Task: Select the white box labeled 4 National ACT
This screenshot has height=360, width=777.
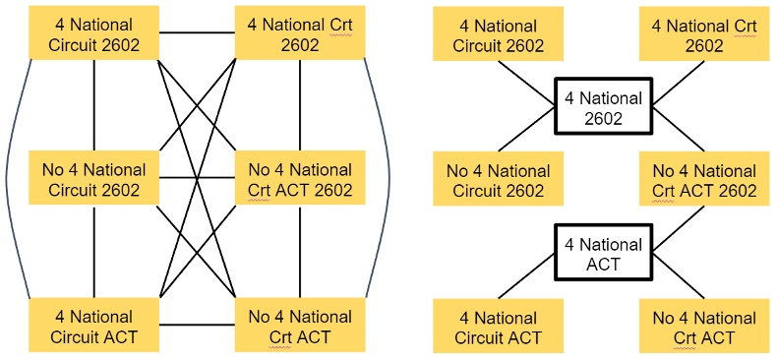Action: [603, 254]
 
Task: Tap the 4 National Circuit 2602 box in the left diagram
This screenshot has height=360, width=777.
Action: [95, 33]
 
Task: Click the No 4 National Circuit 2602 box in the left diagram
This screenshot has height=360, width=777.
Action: [95, 179]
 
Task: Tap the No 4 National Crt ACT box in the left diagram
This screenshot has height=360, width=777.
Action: [300, 328]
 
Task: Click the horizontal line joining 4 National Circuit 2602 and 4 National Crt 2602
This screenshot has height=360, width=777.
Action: [198, 33]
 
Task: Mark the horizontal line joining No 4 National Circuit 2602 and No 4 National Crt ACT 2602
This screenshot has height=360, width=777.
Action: [198, 178]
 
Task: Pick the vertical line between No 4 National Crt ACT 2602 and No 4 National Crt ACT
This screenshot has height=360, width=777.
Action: [300, 251]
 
